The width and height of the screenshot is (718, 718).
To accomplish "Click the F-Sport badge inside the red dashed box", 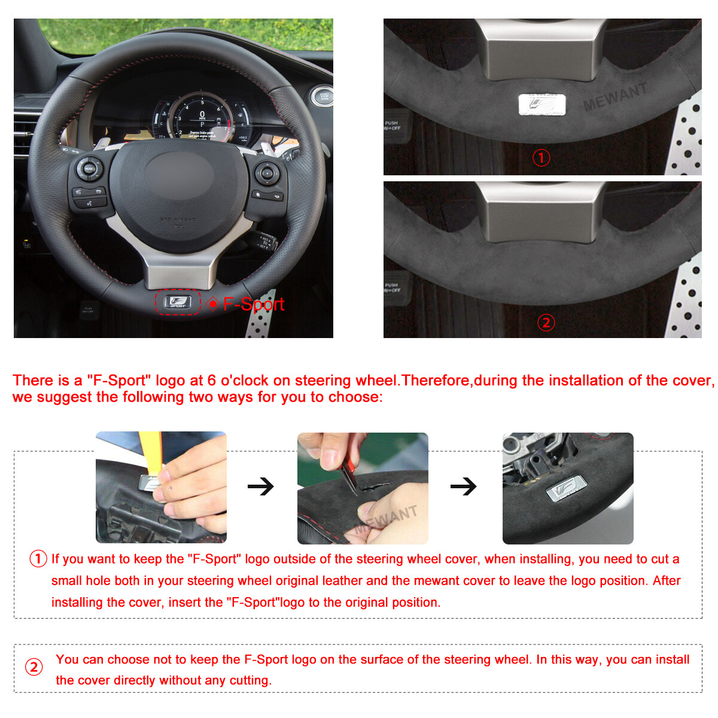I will point(178,302).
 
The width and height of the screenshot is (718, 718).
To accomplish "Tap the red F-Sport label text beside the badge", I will point(254,304).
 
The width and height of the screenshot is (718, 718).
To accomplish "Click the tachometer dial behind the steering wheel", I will point(202,117).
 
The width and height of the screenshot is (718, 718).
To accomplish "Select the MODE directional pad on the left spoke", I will point(89,169).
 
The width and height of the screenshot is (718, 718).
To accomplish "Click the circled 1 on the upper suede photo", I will point(541,158).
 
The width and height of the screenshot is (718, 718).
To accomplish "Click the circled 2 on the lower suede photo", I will point(546,323).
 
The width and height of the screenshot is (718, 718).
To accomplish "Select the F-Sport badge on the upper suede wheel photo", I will point(541,105).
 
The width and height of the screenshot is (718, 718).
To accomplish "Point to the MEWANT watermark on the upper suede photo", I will point(616,97).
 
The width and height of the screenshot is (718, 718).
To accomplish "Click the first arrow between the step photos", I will point(261,486).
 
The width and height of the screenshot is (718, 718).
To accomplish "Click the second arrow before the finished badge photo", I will point(464,486).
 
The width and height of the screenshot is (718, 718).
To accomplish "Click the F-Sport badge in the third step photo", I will point(564,489).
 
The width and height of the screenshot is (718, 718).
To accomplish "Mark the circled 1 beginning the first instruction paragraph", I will point(38,559).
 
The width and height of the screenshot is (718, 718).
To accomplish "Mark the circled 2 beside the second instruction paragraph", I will point(34,667).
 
